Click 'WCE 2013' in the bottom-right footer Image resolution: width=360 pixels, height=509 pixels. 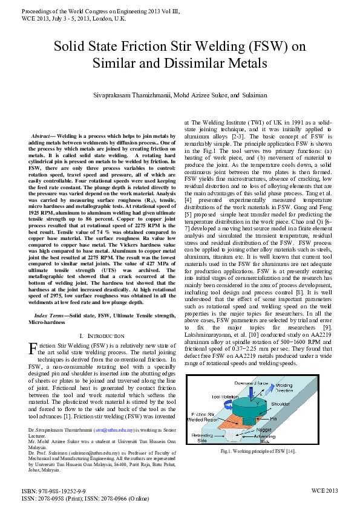point(324,491)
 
